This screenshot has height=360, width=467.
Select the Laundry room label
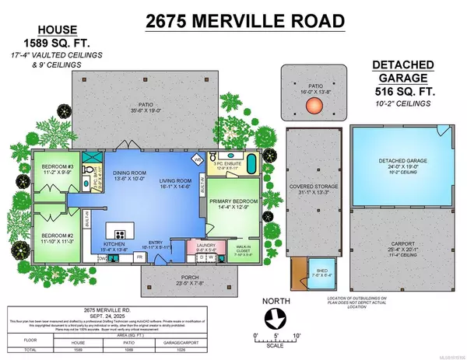tap(206, 246)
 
